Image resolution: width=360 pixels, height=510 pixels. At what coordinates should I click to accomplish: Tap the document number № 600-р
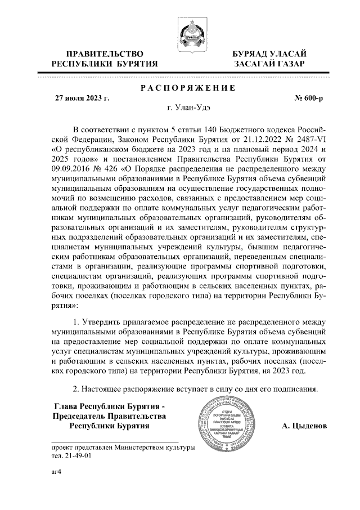[x=309, y=98]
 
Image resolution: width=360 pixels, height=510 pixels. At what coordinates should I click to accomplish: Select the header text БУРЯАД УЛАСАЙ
[x=270, y=53]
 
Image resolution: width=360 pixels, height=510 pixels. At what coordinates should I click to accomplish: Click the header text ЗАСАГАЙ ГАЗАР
[x=270, y=64]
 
